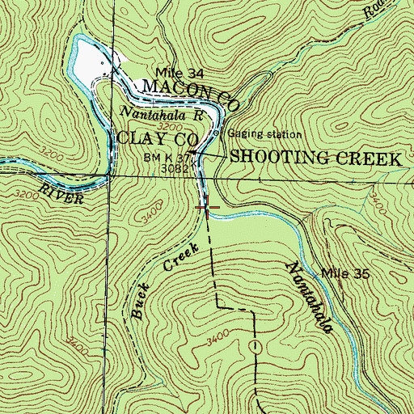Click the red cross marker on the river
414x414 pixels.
(207, 207)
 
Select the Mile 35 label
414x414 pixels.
(345, 274)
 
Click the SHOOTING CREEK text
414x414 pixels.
(315, 158)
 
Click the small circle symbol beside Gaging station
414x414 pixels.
(217, 133)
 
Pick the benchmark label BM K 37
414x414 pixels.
(167, 156)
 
